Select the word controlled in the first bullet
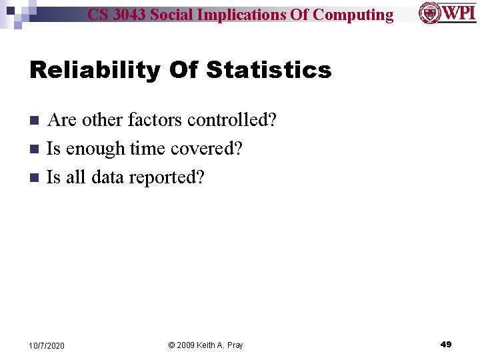[x=231, y=120]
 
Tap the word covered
[x=205, y=149]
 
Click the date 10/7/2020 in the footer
[x=47, y=345]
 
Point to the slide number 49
[x=446, y=345]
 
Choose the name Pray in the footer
[x=234, y=345]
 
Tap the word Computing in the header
[x=353, y=15]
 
